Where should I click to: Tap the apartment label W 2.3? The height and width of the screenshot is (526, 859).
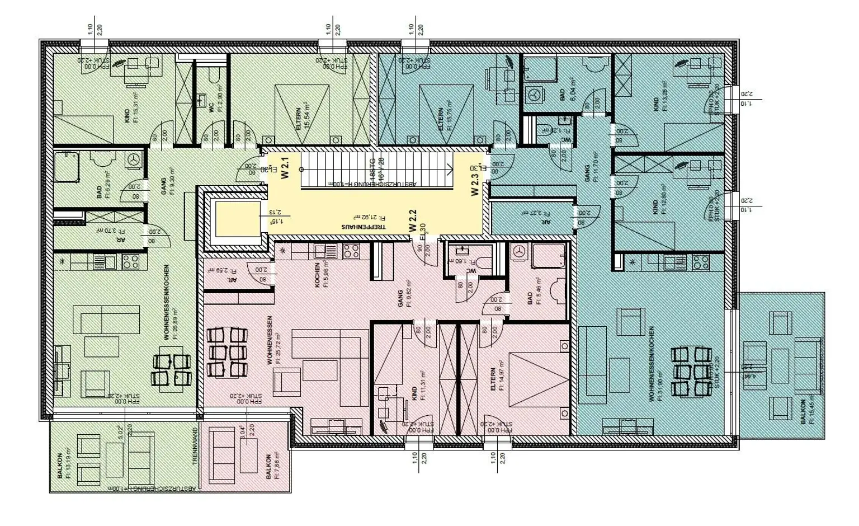[x=475, y=185]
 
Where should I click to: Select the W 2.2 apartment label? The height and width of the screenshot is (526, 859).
[x=413, y=220]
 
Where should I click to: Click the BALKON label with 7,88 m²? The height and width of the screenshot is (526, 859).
[x=269, y=466]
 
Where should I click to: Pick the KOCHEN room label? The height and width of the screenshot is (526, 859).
[x=317, y=275]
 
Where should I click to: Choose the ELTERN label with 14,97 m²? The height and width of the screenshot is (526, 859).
[x=493, y=379]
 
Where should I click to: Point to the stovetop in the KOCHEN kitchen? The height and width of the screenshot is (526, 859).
[x=351, y=252]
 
